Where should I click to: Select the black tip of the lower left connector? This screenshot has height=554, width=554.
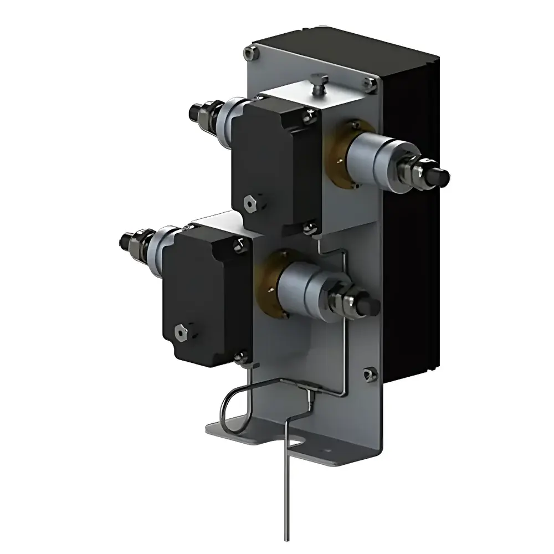[x=125, y=240]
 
